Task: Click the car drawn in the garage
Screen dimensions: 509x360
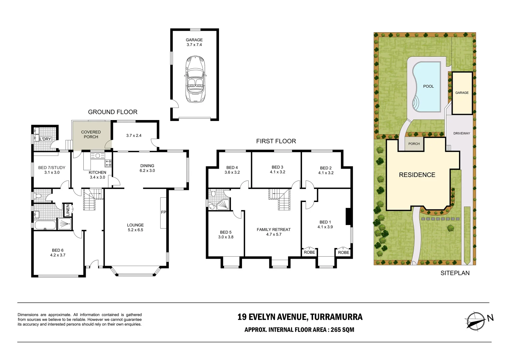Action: pos(195,79)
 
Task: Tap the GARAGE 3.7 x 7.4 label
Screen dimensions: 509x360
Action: pos(194,42)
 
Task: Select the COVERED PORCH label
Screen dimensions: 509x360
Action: pos(91,134)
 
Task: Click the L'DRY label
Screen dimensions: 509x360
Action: pos(45,139)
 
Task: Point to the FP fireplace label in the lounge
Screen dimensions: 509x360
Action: pos(163,212)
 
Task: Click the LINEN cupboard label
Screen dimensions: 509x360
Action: pos(68,210)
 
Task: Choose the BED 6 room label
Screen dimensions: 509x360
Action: pos(58,253)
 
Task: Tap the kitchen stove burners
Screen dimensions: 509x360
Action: pos(108,163)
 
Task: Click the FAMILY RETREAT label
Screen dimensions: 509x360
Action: pos(274,232)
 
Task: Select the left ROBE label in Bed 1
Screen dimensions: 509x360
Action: pos(309,252)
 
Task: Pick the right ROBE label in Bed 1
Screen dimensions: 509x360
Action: pos(344,253)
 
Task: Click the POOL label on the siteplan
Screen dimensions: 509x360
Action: pos(428,86)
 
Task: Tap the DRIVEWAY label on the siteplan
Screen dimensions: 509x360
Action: pos(462,133)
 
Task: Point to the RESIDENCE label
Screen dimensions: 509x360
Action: pos(417,175)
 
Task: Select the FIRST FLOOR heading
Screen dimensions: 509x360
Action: pos(276,141)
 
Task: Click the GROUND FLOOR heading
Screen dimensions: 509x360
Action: pos(113,112)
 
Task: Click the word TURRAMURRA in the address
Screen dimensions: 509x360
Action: pos(336,317)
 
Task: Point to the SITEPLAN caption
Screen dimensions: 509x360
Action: pos(455,273)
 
